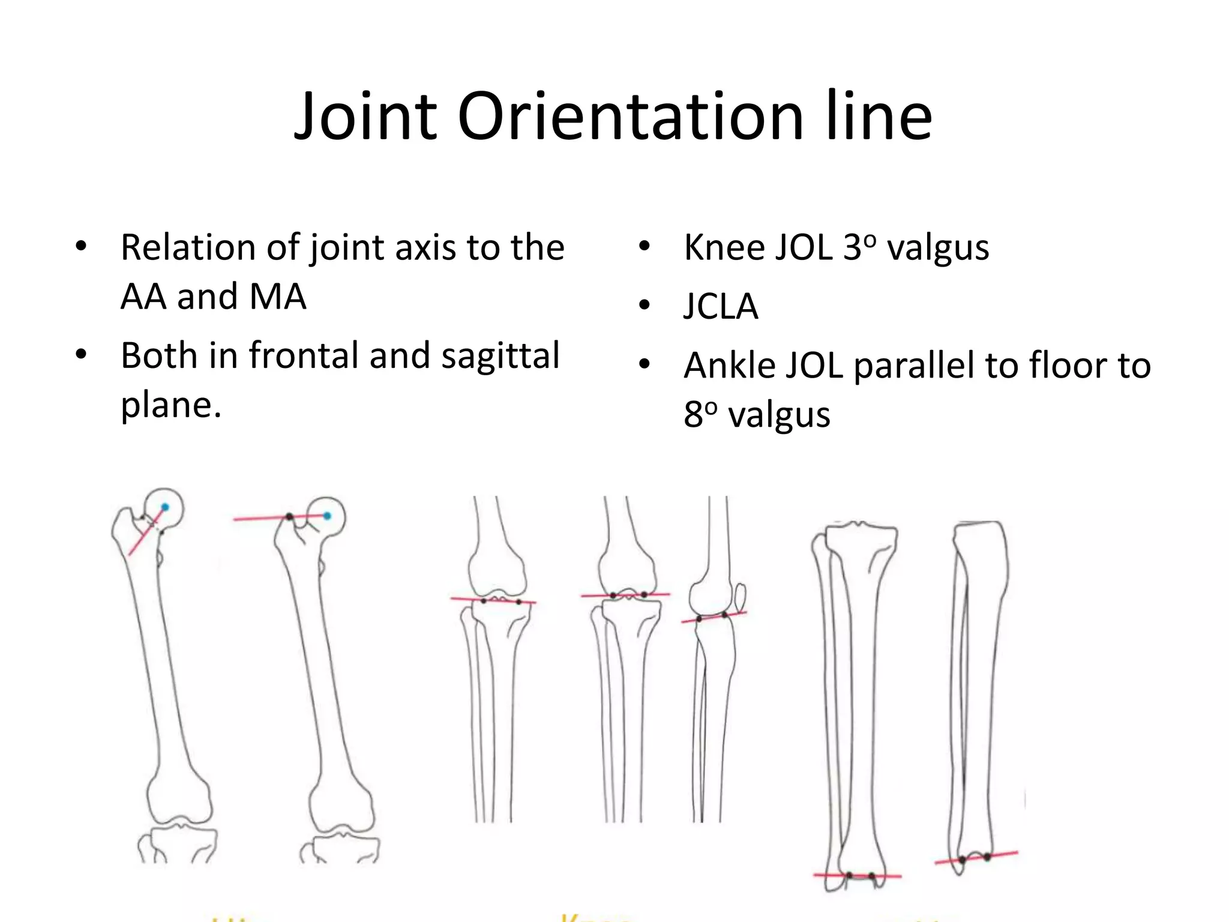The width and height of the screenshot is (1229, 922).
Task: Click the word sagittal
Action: point(500,355)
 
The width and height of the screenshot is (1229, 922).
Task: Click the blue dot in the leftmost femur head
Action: point(165,508)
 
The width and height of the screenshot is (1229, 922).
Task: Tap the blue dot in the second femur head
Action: point(327,516)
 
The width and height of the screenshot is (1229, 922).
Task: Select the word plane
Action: point(170,405)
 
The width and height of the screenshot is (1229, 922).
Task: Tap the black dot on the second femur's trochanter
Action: point(289,517)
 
